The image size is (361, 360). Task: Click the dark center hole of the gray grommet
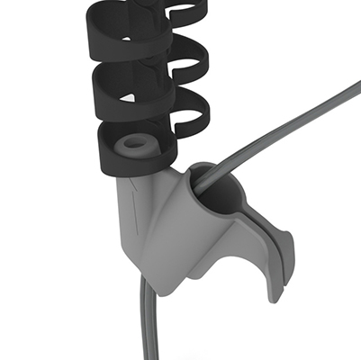click(x=136, y=142)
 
